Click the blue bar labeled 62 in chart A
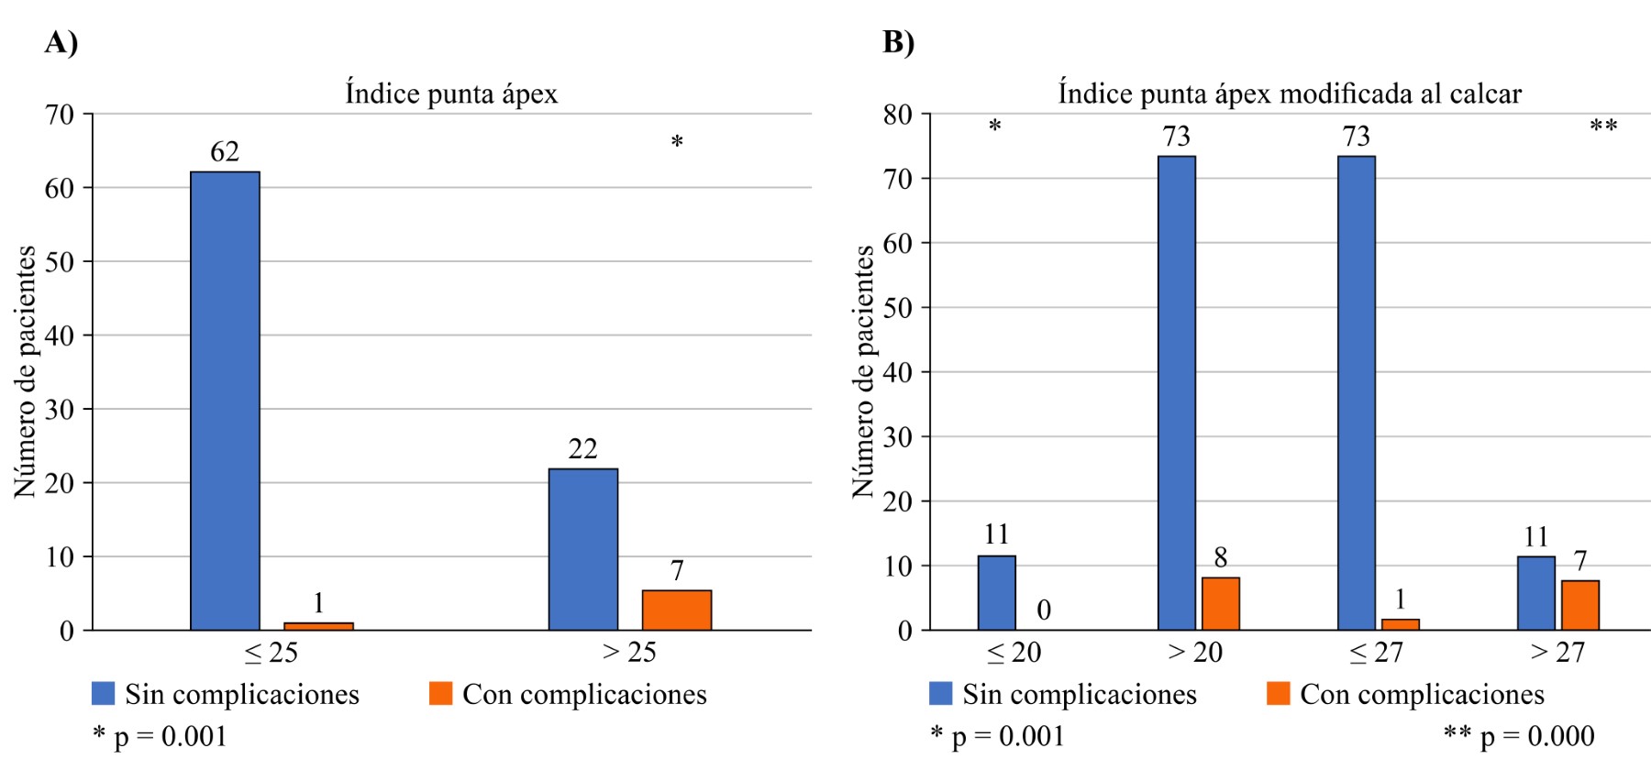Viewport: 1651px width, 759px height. (225, 401)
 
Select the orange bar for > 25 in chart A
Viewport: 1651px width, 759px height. (677, 610)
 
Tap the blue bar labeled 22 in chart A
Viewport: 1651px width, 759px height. (583, 549)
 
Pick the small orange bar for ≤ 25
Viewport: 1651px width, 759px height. (318, 626)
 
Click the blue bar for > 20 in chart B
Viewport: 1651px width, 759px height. (1177, 393)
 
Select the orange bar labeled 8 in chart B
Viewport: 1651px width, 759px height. (1221, 603)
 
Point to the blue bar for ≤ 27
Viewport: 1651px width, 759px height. (1357, 393)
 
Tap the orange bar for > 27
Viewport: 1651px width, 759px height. (1580, 605)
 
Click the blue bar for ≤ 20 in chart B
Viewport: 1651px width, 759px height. (997, 593)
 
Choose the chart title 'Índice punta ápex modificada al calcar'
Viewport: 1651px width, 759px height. (1290, 93)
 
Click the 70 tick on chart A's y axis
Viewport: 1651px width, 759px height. (60, 115)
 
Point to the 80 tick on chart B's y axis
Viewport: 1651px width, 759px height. (898, 115)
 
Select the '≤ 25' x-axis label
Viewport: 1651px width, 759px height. (271, 653)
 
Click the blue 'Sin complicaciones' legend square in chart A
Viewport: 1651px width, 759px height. (104, 693)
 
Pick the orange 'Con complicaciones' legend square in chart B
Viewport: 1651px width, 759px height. (1279, 693)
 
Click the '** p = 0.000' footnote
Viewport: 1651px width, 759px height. (1519, 735)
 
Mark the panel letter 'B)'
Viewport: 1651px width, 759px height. (898, 42)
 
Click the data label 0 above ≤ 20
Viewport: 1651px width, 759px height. (1044, 610)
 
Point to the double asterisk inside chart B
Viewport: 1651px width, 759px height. (1603, 126)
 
